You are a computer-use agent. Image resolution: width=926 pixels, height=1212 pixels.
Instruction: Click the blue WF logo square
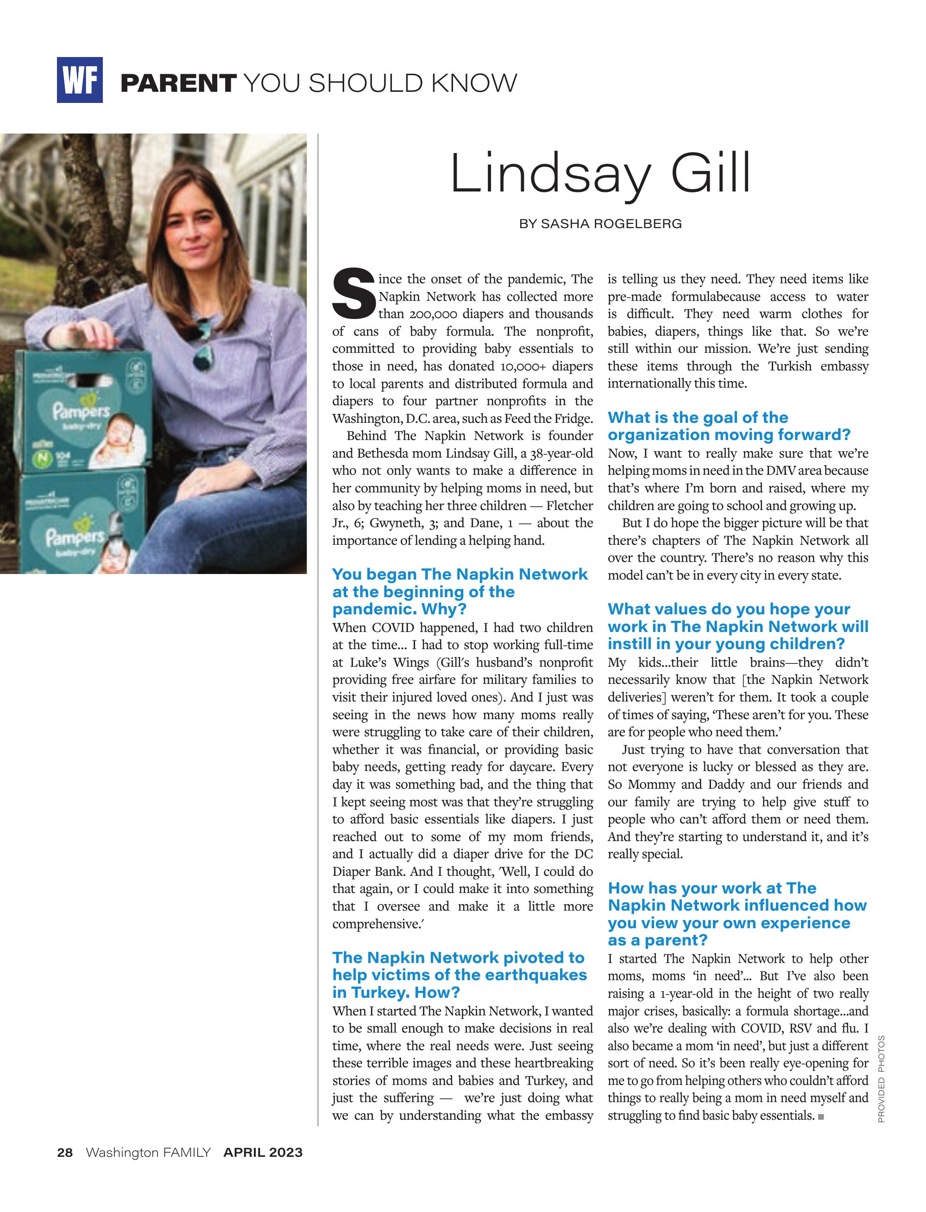[x=79, y=80]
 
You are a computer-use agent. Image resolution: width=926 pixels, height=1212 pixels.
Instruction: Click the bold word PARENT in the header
[x=178, y=83]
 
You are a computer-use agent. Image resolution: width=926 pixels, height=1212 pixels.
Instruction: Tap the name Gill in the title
[x=711, y=173]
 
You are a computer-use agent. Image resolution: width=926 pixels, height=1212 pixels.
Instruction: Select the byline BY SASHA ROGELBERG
[x=600, y=224]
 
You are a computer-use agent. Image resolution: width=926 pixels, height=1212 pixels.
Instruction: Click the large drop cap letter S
[x=353, y=293]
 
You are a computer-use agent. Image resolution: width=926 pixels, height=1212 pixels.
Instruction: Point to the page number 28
[x=65, y=1153]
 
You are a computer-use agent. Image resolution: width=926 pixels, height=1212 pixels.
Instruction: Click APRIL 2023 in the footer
[x=263, y=1153]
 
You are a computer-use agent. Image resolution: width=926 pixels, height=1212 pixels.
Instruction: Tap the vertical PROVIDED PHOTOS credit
[x=881, y=1079]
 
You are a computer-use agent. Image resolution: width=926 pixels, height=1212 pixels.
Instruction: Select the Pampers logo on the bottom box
[x=75, y=536]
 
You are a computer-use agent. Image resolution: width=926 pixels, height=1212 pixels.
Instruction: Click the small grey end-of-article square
[x=821, y=1117]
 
